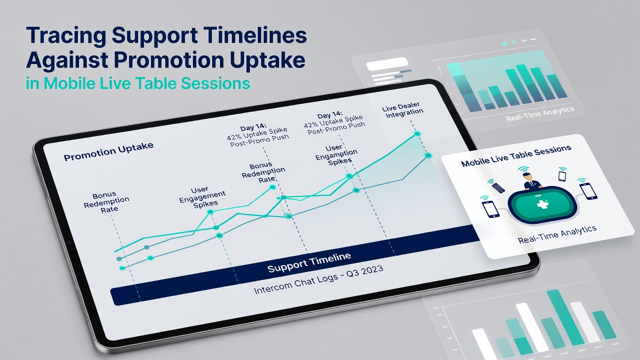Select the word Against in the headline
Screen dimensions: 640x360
tap(67, 60)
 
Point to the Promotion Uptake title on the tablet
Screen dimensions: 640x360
tap(108, 151)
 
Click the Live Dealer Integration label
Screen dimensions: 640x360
tap(402, 110)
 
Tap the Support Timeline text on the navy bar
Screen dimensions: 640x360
tap(309, 262)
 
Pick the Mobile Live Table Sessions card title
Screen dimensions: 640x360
tap(516, 155)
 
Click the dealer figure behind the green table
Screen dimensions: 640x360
tap(532, 181)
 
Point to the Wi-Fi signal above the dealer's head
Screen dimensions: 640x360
tap(523, 169)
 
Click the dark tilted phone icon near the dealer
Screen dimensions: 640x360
tap(498, 187)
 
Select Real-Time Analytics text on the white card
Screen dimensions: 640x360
tap(557, 234)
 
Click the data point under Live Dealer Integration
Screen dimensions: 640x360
tap(417, 133)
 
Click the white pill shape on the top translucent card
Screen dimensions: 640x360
tap(387, 63)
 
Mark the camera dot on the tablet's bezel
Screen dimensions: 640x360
tap(69, 242)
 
